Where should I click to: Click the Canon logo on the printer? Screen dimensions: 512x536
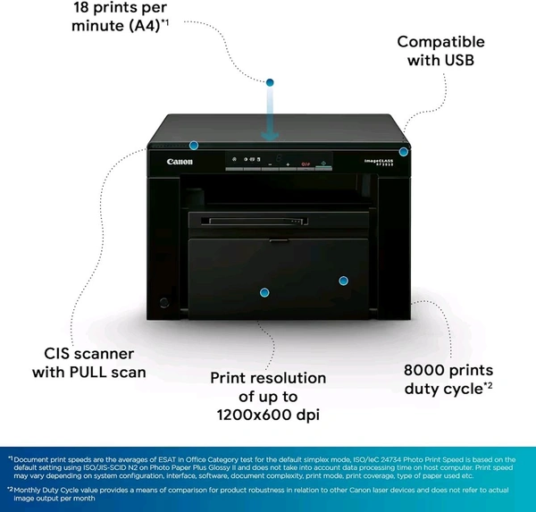179,162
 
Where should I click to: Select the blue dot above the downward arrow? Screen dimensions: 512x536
271,82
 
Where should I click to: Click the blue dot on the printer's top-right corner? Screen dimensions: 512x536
404,152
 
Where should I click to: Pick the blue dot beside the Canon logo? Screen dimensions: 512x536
194,145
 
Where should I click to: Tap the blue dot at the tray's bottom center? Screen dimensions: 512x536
264,292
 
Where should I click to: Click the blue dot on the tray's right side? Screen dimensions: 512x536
342,281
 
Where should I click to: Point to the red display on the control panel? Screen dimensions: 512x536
305,164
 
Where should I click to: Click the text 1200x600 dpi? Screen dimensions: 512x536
268,415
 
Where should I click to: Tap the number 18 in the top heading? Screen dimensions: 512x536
85,8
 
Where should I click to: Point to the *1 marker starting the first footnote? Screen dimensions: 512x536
12,458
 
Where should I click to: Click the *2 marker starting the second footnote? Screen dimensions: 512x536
12,490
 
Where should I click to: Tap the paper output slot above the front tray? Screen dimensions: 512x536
268,219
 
